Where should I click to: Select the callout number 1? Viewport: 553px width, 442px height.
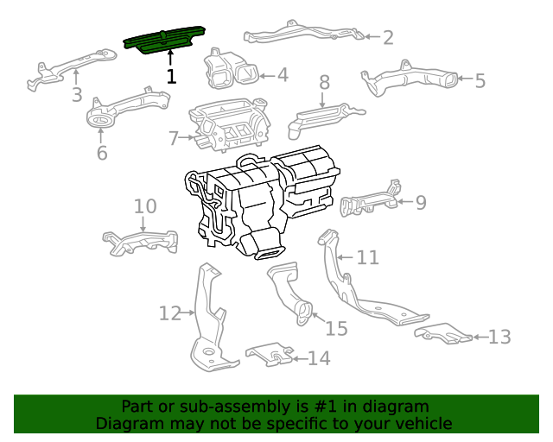coord(171,76)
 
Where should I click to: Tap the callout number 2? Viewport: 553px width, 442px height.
coord(388,37)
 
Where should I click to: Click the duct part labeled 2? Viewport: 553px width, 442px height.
coord(302,35)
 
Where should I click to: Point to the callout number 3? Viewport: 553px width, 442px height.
coord(76,95)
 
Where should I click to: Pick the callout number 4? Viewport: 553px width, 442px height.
coord(283,75)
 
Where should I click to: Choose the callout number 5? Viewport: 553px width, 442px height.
coord(480,81)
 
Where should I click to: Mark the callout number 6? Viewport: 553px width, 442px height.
coord(102,154)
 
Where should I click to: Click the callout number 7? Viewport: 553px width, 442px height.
coord(174,138)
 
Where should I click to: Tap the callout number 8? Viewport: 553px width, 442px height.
coord(325,83)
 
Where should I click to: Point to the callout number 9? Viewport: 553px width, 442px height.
coord(421,203)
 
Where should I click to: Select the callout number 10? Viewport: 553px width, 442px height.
coord(145,206)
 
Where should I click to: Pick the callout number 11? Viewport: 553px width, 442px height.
coord(368,257)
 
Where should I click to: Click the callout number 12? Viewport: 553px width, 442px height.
coord(169,313)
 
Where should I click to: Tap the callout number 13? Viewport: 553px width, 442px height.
coord(500,337)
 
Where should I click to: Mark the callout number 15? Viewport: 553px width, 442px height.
coord(336,329)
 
